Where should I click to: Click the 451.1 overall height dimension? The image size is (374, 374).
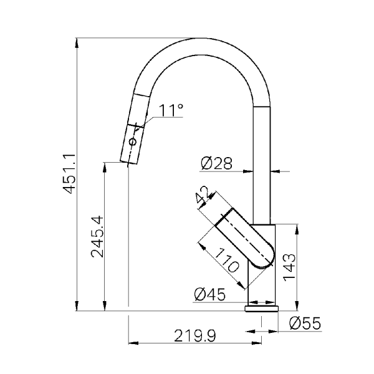point(69,174)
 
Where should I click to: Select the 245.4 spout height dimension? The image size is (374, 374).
point(98,237)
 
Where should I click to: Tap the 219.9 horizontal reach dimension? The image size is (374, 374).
point(195,335)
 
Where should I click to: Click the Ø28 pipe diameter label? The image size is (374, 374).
point(216,163)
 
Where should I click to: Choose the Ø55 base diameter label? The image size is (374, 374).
point(305,323)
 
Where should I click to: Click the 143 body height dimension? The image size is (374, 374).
point(289,267)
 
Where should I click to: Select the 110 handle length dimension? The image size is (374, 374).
point(227,260)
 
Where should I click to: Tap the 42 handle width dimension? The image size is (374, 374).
point(202,195)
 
